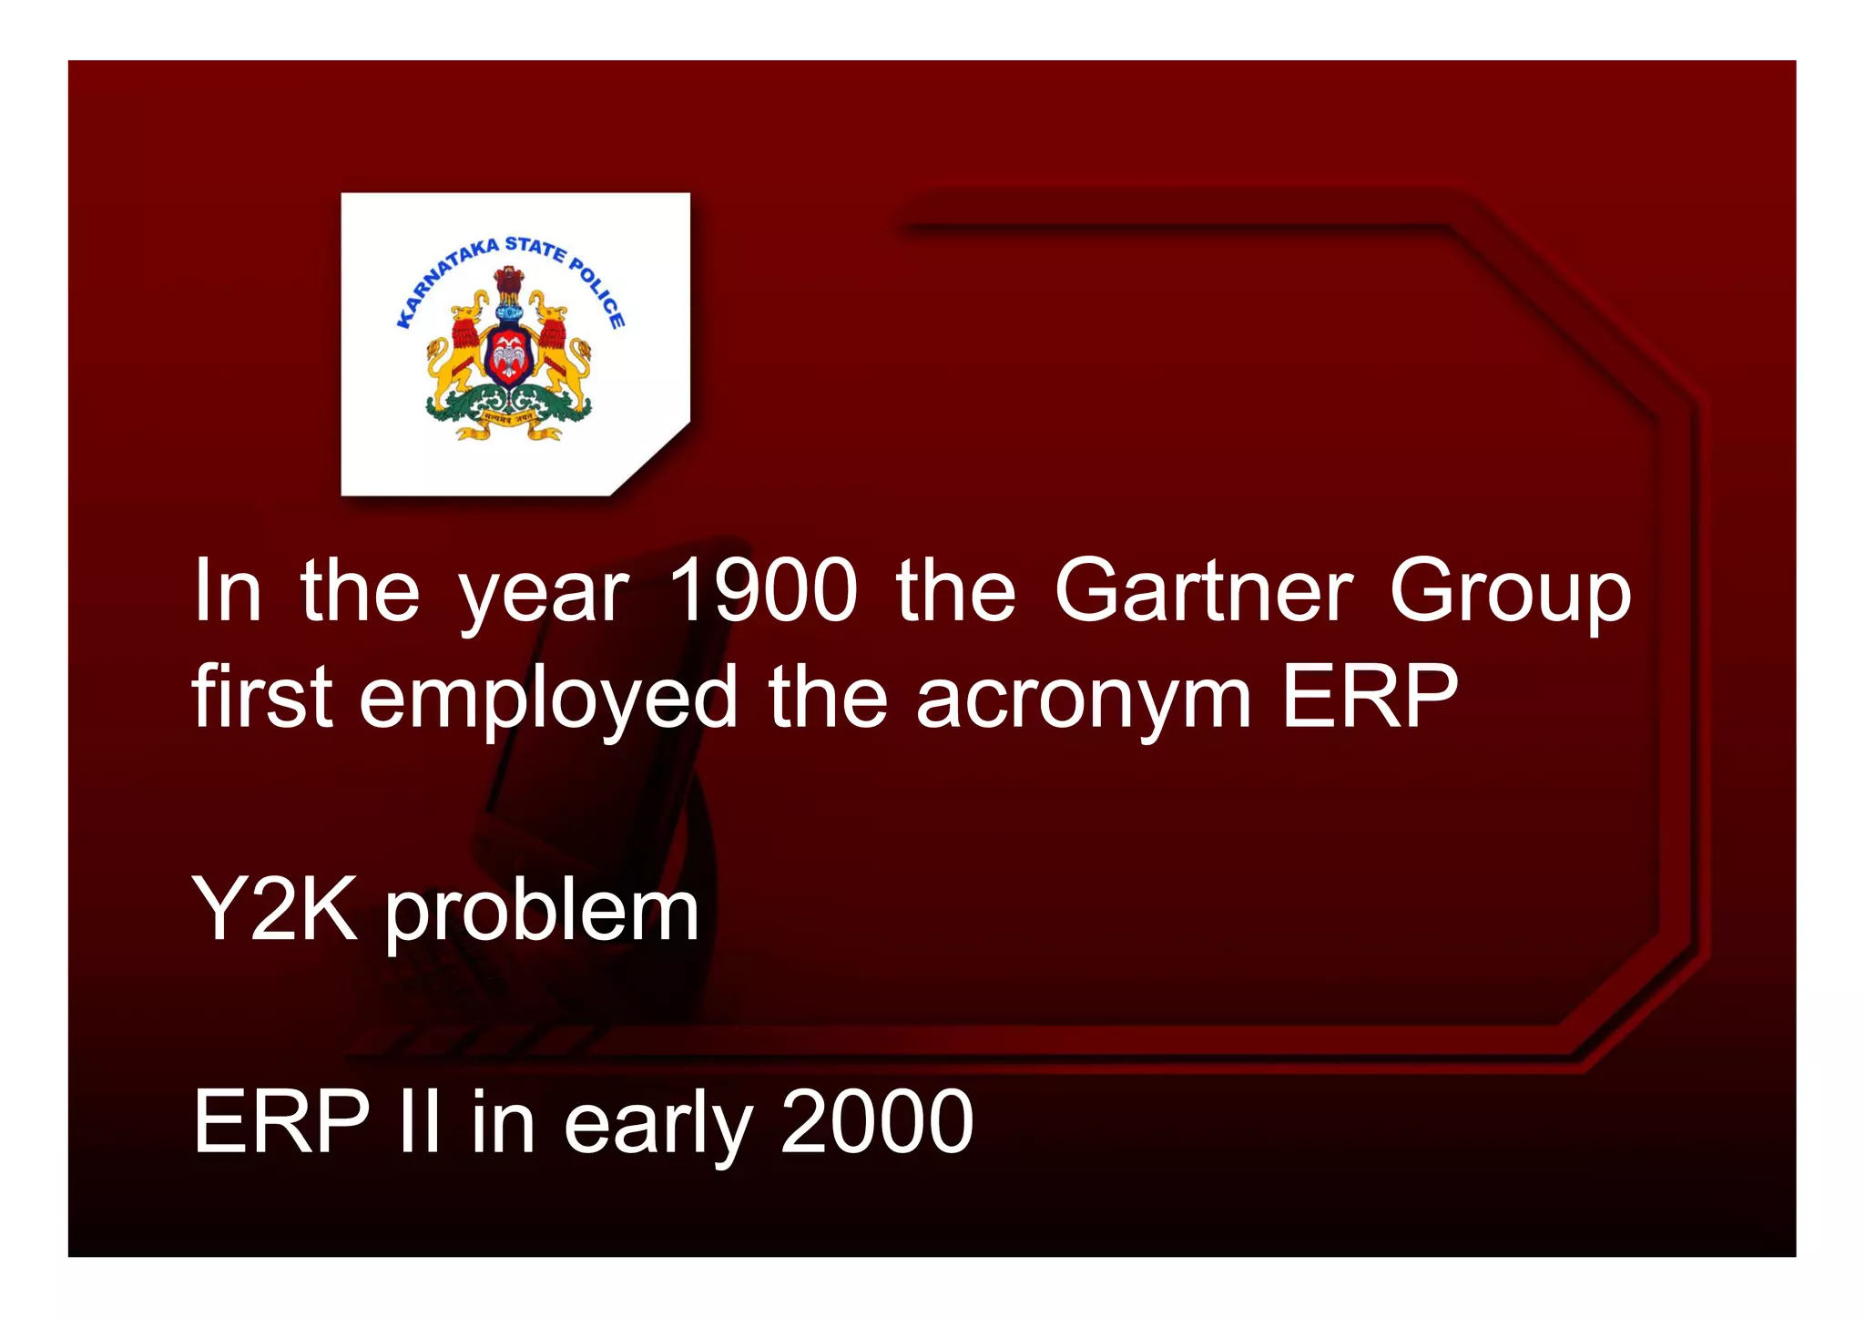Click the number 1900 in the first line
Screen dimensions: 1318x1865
763,591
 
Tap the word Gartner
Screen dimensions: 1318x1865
1203,591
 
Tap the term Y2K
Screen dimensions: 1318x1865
275,908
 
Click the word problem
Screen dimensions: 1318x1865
542,913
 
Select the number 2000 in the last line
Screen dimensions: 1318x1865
877,1121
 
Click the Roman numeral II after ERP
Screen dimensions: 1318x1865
420,1121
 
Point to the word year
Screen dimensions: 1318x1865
544,595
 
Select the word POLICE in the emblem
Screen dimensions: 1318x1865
598,291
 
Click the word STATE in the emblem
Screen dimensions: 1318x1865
535,248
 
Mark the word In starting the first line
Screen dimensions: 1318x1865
228,591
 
